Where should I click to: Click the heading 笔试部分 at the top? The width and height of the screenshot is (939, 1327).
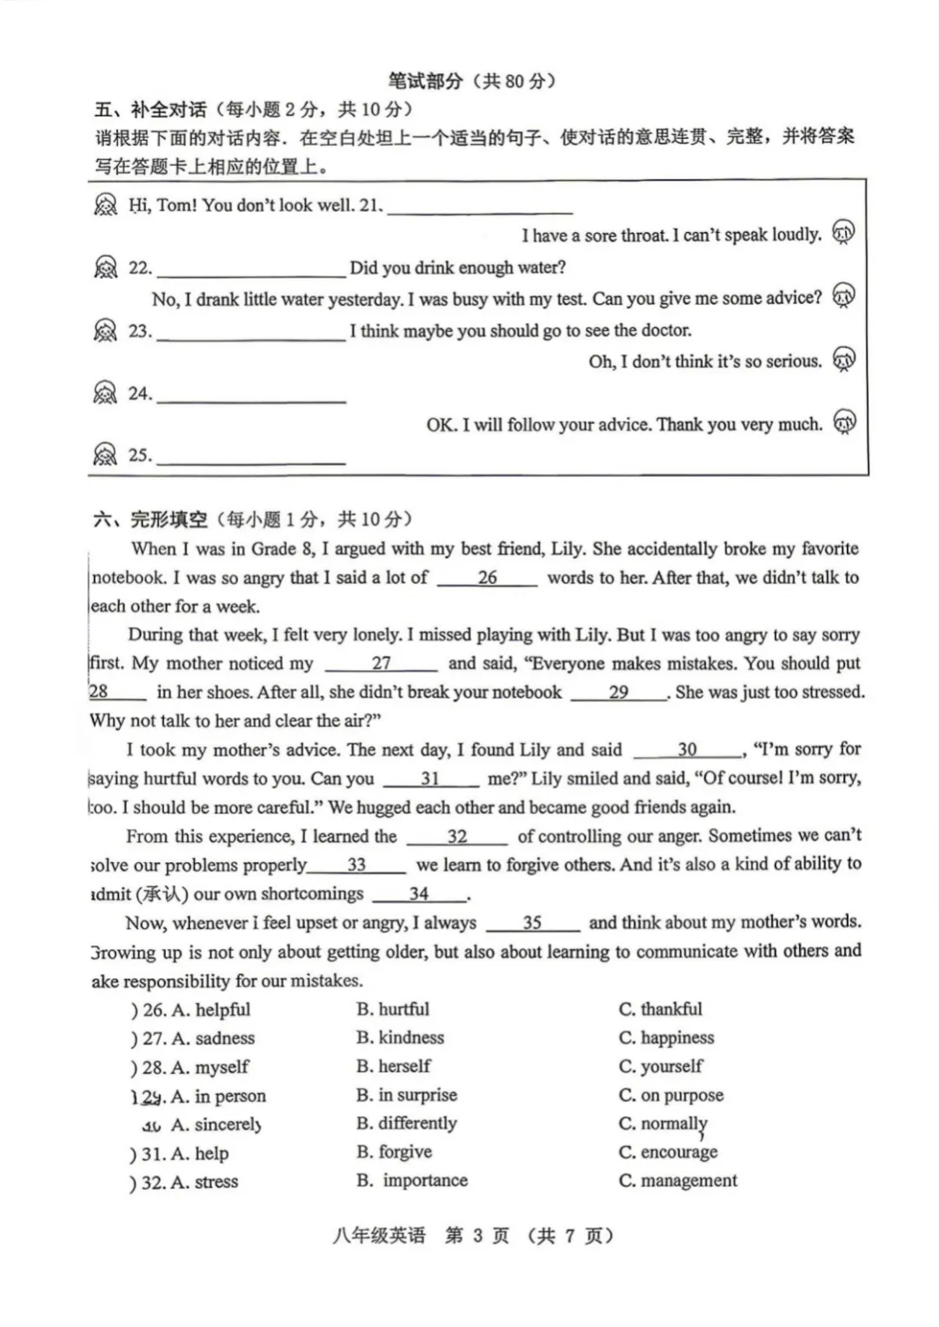(425, 82)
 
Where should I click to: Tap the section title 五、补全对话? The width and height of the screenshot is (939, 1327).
(150, 109)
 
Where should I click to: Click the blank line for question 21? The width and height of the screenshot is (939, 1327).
(480, 209)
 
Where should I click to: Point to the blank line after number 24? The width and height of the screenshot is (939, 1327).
(251, 397)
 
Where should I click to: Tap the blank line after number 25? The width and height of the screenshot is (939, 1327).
(251, 459)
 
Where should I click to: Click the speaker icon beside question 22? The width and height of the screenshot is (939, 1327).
(105, 268)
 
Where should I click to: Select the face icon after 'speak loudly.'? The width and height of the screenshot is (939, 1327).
(843, 232)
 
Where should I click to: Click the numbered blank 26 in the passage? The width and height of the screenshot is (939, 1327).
(487, 578)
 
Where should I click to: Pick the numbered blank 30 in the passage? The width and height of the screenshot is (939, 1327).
(687, 750)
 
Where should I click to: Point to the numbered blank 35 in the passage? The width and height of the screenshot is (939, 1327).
(532, 923)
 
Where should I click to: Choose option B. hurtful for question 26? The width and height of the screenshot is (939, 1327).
(393, 1009)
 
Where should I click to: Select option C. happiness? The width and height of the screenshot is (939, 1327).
(666, 1038)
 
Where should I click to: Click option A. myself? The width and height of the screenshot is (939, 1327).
(210, 1066)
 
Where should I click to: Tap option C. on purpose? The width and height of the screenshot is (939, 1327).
(670, 1095)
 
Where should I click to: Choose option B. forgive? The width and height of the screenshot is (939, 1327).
(394, 1152)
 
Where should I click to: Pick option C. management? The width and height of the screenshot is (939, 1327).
(677, 1181)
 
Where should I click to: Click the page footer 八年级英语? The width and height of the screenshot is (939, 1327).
(379, 1236)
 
